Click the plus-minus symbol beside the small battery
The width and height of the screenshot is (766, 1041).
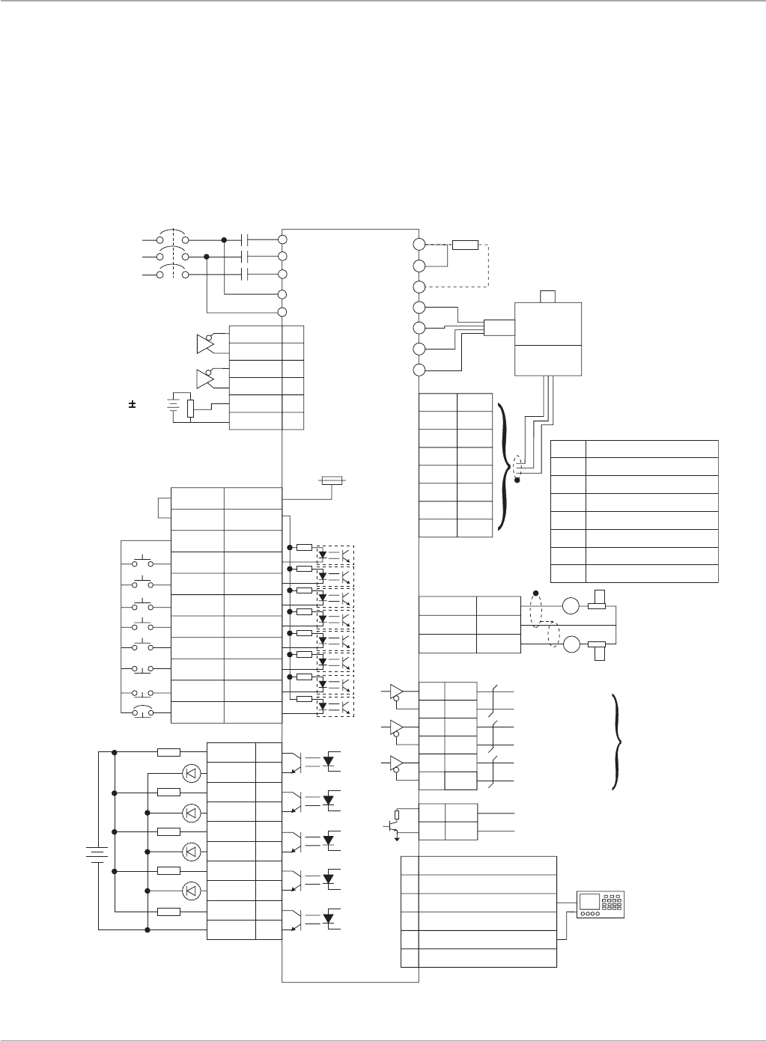coord(132,405)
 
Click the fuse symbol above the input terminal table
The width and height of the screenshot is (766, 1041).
coord(331,480)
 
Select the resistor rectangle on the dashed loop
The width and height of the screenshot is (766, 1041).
coord(465,245)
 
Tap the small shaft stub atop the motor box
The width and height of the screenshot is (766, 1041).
coord(547,296)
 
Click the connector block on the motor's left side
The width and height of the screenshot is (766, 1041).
coord(499,327)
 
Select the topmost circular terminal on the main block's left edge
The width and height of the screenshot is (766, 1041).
coord(283,239)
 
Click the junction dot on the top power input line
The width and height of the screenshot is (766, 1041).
coord(225,239)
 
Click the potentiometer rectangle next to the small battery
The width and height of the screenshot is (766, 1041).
coord(190,409)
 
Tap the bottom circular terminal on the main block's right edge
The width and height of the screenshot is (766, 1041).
coord(419,370)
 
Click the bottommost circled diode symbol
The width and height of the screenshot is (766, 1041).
coord(192,890)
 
